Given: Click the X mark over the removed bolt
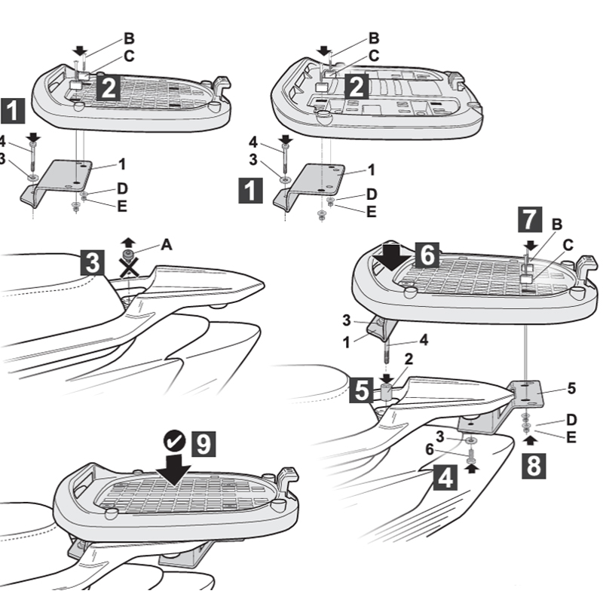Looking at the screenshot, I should coord(130,265).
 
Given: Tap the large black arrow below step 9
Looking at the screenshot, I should coord(176,468).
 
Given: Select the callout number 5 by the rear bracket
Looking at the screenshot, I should coord(571,389).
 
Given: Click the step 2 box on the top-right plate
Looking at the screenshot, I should coord(356,87).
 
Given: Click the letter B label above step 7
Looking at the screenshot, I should coord(557,223).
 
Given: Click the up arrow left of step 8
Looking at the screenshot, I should coord(526,437).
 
